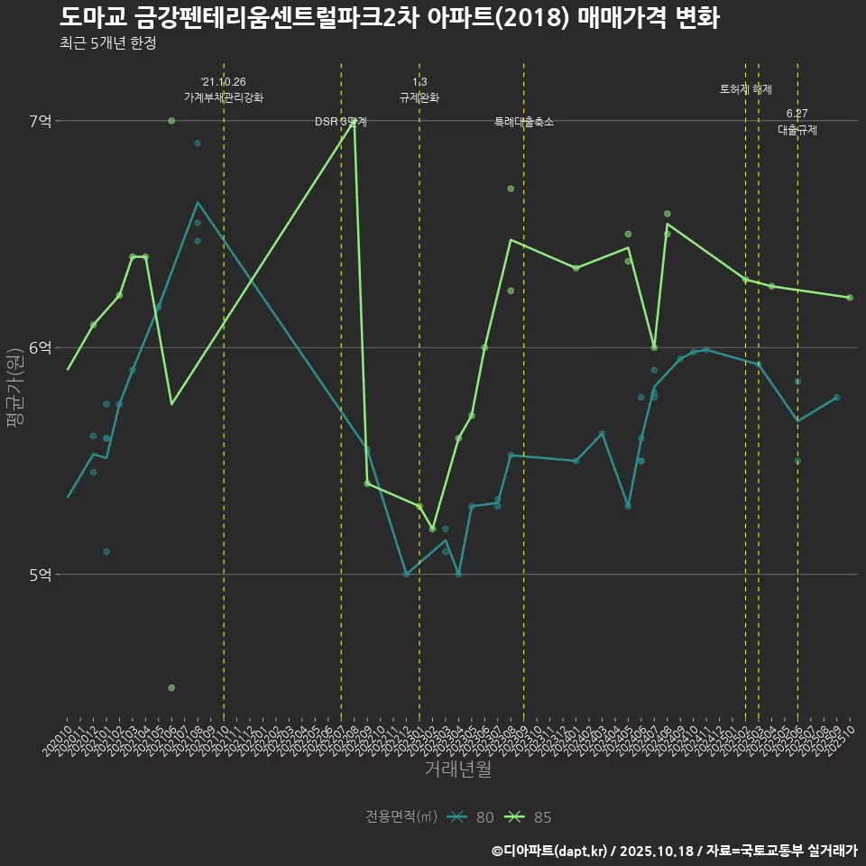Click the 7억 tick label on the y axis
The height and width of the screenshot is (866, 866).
[x=40, y=121]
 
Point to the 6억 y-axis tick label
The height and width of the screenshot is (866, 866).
[x=40, y=347]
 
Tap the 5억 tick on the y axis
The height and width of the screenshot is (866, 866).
[x=40, y=574]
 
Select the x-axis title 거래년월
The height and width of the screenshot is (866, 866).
[x=457, y=769]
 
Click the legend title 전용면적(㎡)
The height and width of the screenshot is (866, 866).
[x=401, y=817]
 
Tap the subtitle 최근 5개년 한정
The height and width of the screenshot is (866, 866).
[x=107, y=43]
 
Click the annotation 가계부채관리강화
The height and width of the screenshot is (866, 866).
[x=224, y=97]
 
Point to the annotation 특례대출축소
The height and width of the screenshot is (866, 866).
[x=524, y=122]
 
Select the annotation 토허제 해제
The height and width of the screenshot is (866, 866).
[x=746, y=89]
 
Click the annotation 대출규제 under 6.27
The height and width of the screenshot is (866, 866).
[x=797, y=130]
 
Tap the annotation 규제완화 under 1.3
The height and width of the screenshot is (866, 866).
[x=419, y=97]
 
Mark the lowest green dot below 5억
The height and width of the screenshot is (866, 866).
[x=171, y=687]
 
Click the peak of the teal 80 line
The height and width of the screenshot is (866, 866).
[x=198, y=202]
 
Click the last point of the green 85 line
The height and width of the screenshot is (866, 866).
[x=850, y=298]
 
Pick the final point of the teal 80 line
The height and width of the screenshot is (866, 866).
[x=837, y=397]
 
